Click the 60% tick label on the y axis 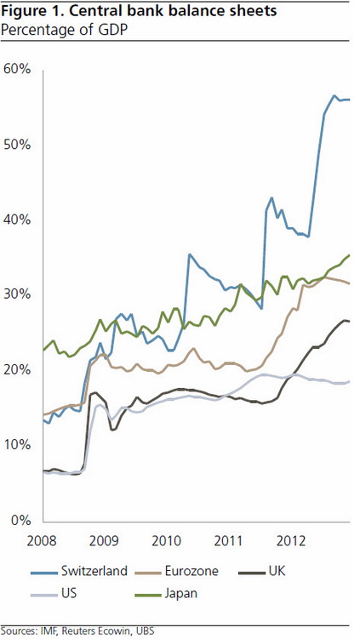pos(18,68)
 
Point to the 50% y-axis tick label pos(18,144)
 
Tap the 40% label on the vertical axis pos(18,219)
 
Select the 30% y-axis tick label pos(18,294)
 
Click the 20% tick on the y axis pos(18,369)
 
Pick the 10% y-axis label pos(18,445)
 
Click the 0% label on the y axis pos(21,520)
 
